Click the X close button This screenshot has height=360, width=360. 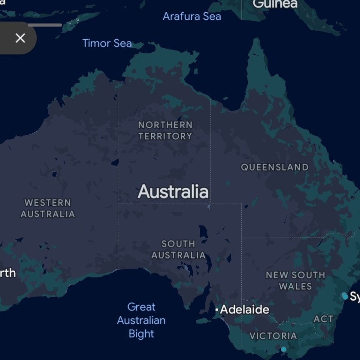point(20,38)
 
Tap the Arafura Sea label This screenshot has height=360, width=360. point(192,17)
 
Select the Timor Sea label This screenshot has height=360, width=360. point(107,44)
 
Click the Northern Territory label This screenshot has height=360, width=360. point(165,130)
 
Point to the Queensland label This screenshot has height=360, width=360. point(274,167)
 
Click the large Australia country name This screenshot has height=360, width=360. point(173,192)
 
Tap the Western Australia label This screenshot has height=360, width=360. point(48,208)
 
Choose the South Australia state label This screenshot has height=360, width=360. point(178,249)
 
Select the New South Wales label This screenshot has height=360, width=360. point(295,280)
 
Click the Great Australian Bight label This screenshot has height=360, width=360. point(141,320)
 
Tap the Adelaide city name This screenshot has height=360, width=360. point(244,310)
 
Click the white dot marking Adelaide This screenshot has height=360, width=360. point(216,310)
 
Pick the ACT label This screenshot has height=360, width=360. point(323,319)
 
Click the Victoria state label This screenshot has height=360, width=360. point(273,336)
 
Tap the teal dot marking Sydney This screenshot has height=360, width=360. point(345,296)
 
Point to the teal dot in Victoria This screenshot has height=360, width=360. point(283,349)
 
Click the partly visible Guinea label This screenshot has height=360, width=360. point(275,4)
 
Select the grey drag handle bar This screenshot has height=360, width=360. point(45,25)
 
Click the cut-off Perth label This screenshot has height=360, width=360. point(8,273)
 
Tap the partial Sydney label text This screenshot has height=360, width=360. point(355,297)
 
